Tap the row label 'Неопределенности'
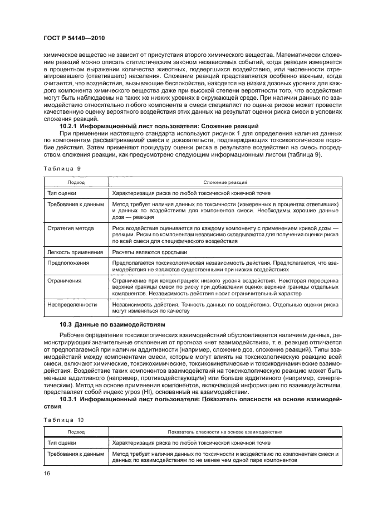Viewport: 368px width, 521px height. pyautogui.click(x=72, y=305)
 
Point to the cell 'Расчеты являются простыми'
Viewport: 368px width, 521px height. pyautogui.click(x=148, y=252)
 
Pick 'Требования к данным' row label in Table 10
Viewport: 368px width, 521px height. pyautogui.click(x=75, y=454)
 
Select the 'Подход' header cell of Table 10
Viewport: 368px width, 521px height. pyautogui.click(x=76, y=432)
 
